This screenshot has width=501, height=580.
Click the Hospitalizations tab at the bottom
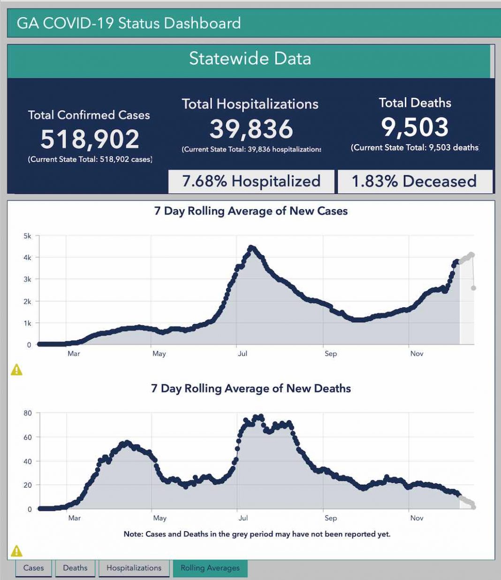(x=134, y=568)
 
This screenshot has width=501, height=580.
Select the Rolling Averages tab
(x=210, y=568)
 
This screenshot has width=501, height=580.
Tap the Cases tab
(x=33, y=568)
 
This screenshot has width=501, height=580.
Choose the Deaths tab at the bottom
(x=75, y=568)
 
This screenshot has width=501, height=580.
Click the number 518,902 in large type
(x=90, y=139)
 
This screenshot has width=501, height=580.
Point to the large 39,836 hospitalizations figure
(x=251, y=129)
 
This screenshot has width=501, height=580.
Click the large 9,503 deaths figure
(x=415, y=127)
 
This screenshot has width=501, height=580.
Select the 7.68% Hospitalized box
(x=251, y=181)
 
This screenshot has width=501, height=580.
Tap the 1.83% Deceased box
(x=414, y=181)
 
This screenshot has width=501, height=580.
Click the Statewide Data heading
(x=250, y=59)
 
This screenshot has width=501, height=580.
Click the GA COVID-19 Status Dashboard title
(x=129, y=23)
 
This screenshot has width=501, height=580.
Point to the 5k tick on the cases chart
(x=27, y=236)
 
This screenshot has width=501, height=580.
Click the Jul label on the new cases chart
(x=243, y=353)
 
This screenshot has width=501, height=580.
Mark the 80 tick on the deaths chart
(x=28, y=413)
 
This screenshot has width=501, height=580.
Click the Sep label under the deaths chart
(x=331, y=518)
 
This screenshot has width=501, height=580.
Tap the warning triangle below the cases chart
(x=16, y=370)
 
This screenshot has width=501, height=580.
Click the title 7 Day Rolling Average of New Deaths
(x=251, y=388)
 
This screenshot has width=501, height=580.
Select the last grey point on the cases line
(x=474, y=288)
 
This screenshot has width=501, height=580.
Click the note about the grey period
(x=257, y=534)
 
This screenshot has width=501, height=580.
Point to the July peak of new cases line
(x=251, y=247)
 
